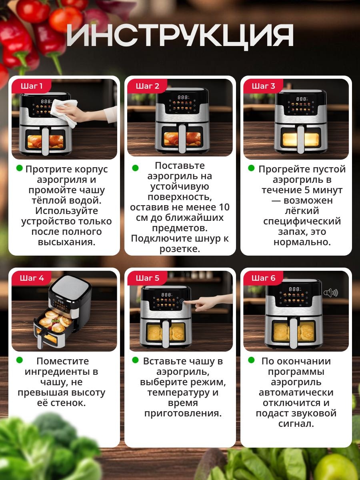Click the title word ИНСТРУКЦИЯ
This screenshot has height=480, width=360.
point(180,36)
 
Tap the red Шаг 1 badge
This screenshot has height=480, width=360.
point(32,86)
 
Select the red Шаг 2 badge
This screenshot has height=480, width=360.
point(147,86)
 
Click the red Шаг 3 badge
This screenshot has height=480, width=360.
point(263,86)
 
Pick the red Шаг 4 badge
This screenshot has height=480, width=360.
point(32,278)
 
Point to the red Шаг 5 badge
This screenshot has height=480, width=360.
point(147,278)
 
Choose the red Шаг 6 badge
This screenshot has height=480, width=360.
point(263,278)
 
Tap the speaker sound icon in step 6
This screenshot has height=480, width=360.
point(330,292)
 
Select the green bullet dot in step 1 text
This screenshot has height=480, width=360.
point(20,168)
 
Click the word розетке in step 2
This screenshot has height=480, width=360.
point(180,249)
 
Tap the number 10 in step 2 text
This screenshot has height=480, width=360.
point(224,207)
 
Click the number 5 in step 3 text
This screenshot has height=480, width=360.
point(307,190)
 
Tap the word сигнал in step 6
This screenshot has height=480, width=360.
point(296,424)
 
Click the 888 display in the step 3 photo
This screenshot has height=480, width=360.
point(301,99)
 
